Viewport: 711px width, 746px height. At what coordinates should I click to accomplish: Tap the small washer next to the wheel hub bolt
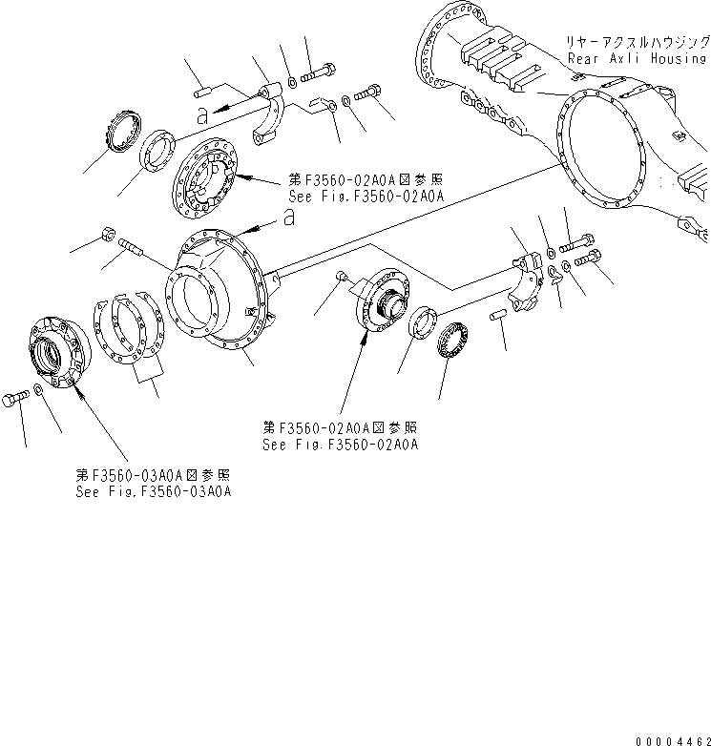[x=37, y=390]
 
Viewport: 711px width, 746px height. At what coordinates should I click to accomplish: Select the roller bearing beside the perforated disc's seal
[x=122, y=131]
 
